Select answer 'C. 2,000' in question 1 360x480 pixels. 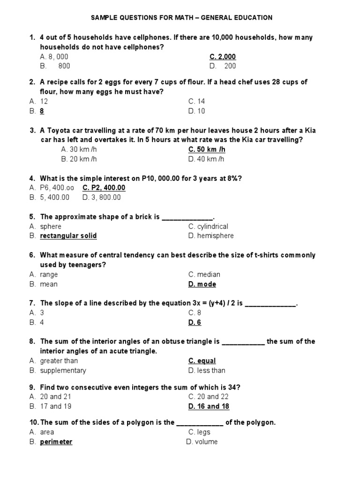tap(222, 57)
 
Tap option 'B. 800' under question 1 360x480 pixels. tap(55, 66)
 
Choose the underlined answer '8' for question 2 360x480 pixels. tap(42, 111)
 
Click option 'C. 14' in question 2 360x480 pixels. tap(196, 101)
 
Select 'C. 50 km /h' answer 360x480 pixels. tap(207, 150)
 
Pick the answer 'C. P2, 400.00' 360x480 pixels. tap(104, 188)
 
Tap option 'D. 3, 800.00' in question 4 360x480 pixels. tap(101, 197)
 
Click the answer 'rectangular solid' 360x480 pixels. tap(68, 236)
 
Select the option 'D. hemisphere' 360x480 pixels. tap(210, 236)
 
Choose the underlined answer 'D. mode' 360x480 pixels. tap(202, 284)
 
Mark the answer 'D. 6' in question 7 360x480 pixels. tap(195, 322)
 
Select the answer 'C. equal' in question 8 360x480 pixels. tap(202, 361)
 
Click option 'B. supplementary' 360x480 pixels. tap(63, 370)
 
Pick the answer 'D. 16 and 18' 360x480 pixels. tap(209, 406)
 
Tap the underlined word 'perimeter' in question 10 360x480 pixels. tap(56, 442)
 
